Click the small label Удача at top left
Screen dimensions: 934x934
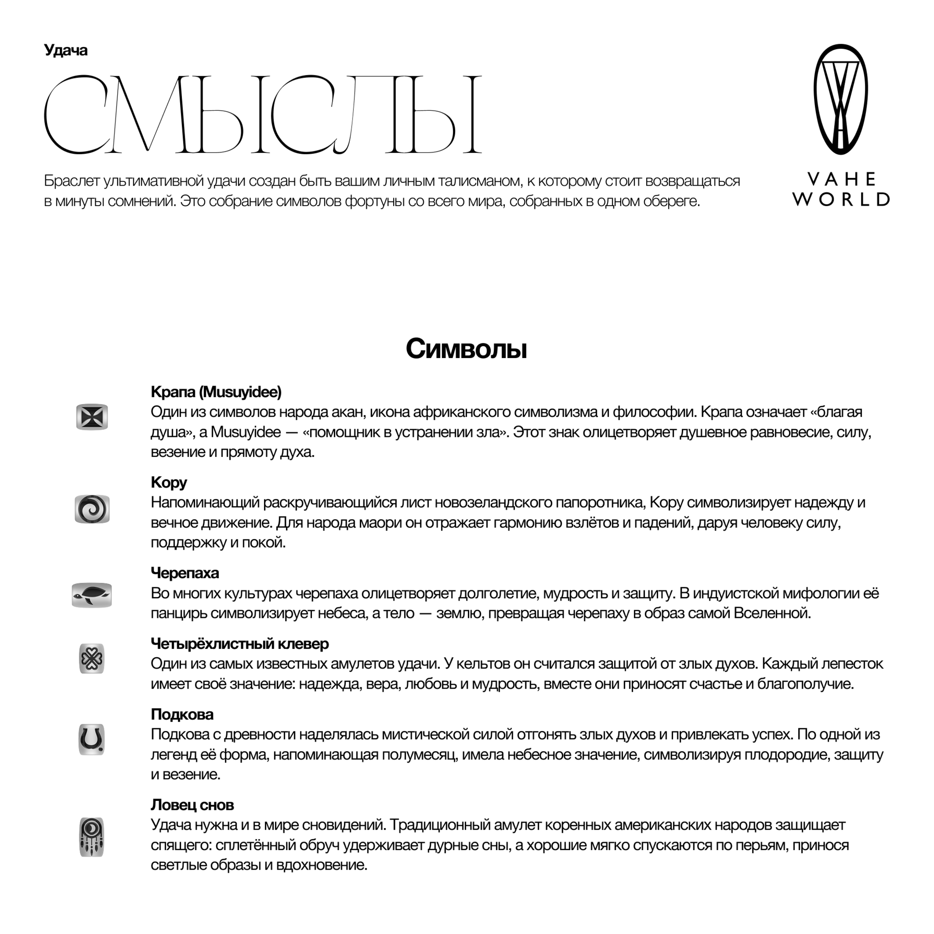pos(65,50)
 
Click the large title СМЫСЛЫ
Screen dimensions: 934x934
pos(263,114)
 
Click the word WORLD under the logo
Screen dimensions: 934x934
pos(841,199)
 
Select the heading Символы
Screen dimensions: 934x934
pos(466,349)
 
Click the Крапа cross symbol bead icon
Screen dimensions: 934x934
pos(92,417)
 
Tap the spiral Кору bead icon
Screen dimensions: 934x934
pos(92,509)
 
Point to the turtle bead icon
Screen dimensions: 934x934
pos(92,595)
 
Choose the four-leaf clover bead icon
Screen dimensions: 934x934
pos(92,659)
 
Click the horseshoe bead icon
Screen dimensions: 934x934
pos(92,739)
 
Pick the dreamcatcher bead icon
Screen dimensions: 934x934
pos(92,837)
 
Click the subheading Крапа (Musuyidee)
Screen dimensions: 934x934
pos(216,392)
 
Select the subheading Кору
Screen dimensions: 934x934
pos(169,483)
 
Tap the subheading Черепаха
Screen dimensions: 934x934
pos(185,573)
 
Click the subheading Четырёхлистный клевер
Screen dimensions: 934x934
pos(240,643)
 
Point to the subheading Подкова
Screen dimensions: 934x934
pos(182,714)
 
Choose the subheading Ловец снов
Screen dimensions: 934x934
pos(192,805)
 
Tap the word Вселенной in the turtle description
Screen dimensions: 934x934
pos(772,613)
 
